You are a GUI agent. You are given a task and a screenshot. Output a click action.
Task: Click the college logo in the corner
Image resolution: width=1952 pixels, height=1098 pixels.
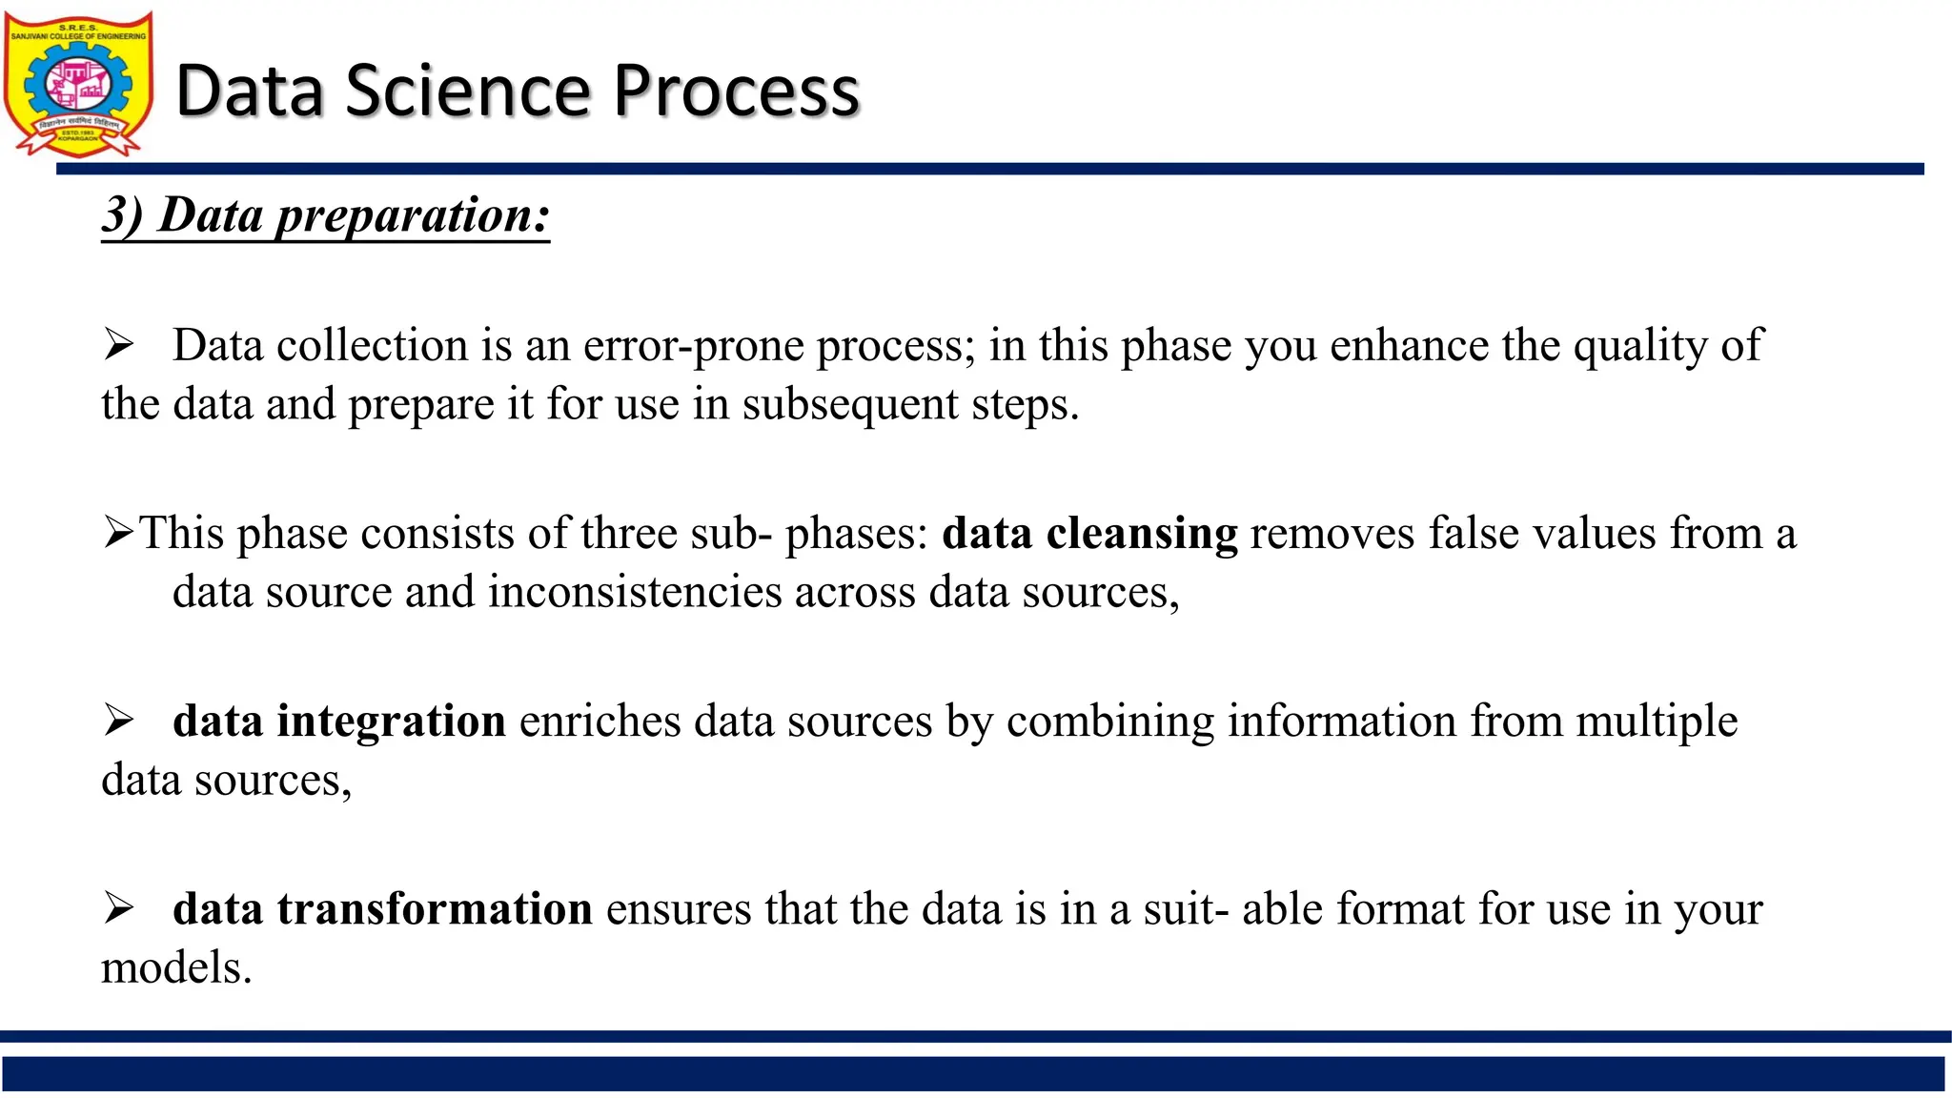78,84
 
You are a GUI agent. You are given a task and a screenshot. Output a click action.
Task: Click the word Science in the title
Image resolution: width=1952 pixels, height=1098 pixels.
468,91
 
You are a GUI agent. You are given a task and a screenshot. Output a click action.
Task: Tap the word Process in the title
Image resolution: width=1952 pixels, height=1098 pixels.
736,91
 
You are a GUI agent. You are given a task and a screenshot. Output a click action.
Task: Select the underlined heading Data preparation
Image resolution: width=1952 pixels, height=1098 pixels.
326,215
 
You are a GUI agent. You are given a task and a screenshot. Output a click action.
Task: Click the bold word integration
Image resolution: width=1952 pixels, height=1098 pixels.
391,721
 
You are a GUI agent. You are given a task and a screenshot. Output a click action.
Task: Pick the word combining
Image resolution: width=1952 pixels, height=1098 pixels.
1110,722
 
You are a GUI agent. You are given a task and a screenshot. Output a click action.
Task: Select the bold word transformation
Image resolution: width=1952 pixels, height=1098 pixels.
435,908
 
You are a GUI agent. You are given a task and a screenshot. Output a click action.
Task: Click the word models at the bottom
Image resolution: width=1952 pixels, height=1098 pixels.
176,967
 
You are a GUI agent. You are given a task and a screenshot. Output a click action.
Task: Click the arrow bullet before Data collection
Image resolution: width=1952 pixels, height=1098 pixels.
118,345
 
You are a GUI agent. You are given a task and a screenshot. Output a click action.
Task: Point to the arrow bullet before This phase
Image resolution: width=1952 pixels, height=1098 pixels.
118,533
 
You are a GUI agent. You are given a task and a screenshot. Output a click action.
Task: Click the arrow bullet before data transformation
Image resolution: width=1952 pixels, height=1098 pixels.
118,908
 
